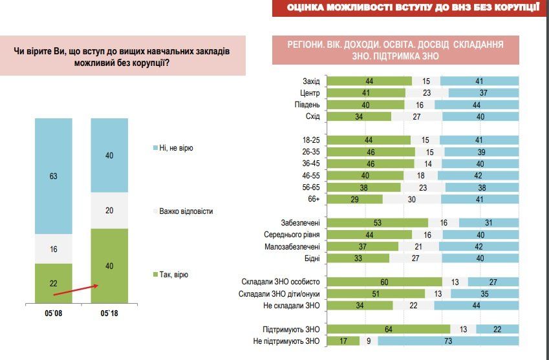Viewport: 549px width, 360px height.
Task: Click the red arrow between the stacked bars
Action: [74, 290]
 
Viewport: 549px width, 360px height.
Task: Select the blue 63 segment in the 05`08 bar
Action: [53, 175]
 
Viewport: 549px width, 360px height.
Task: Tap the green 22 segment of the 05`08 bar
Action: [53, 283]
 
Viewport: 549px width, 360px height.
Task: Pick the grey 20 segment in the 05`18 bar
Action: [109, 210]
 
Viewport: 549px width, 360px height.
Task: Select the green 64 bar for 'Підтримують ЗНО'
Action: [387, 328]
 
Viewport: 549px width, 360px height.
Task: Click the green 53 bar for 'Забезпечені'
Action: [377, 223]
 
